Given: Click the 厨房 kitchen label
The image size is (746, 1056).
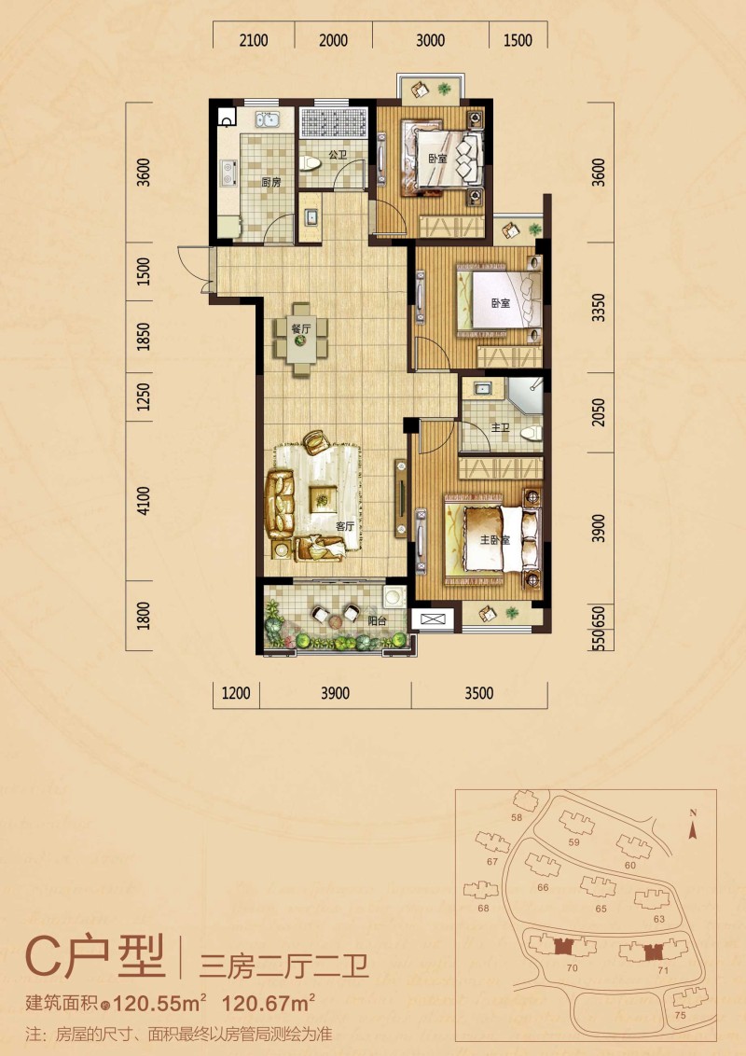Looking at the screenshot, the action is click(x=271, y=183).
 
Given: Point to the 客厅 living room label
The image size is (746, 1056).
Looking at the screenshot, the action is click(x=344, y=526).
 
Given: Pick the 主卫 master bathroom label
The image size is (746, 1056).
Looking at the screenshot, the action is click(x=500, y=427).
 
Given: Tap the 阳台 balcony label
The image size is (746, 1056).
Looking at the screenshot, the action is click(x=377, y=621).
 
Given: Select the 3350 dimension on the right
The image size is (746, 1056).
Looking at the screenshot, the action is click(x=599, y=307).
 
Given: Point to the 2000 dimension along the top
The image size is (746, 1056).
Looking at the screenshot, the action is click(x=333, y=40).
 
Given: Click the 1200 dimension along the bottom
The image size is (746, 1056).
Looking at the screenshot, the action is click(x=236, y=693).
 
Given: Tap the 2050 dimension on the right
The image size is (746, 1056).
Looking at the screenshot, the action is click(x=599, y=412).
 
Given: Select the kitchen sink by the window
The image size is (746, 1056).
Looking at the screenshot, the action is click(x=268, y=121).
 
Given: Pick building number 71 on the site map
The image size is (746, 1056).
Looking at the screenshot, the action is click(x=663, y=970).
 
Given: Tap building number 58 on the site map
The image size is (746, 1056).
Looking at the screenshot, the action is click(x=517, y=817).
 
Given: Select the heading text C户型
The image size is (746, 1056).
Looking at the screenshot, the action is click(x=95, y=957).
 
